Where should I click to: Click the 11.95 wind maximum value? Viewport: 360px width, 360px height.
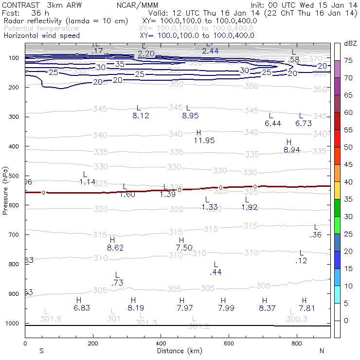pyautogui.click(x=204, y=141)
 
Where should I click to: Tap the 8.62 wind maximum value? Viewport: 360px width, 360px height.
pyautogui.click(x=115, y=248)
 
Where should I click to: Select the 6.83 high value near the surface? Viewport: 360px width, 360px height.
pyautogui.click(x=82, y=307)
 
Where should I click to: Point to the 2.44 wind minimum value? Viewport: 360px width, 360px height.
pyautogui.click(x=210, y=51)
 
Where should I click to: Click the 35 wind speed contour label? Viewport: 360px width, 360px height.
pyautogui.click(x=120, y=64)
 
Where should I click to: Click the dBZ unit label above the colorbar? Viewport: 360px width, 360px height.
pyautogui.click(x=350, y=43)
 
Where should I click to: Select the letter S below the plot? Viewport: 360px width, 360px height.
pyautogui.click(x=41, y=351)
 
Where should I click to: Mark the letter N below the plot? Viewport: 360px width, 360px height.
pyautogui.click(x=322, y=351)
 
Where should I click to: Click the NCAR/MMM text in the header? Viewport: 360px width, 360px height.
pyautogui.click(x=137, y=4)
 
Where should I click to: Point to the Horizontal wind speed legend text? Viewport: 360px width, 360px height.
pyautogui.click(x=41, y=36)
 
